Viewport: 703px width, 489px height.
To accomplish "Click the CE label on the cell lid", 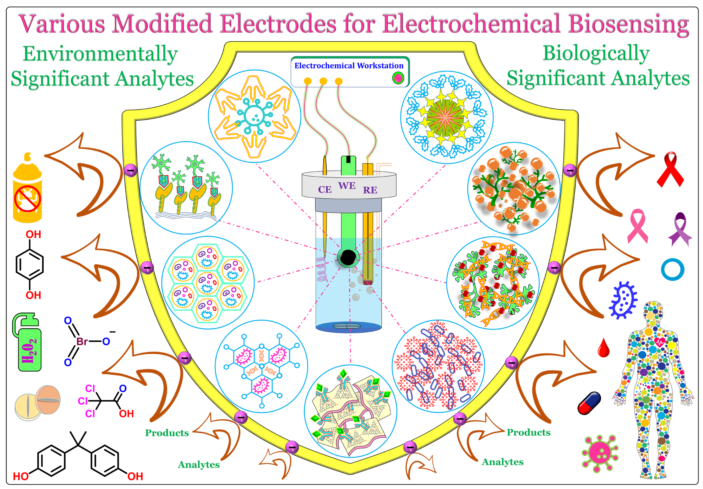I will pyautogui.click(x=325, y=189).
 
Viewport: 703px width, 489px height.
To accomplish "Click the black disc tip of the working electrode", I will pyautogui.click(x=348, y=257).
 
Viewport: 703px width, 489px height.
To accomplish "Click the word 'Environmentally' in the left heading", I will pyautogui.click(x=100, y=54).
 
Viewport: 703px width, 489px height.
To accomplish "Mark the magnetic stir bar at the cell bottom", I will pyautogui.click(x=347, y=326).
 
